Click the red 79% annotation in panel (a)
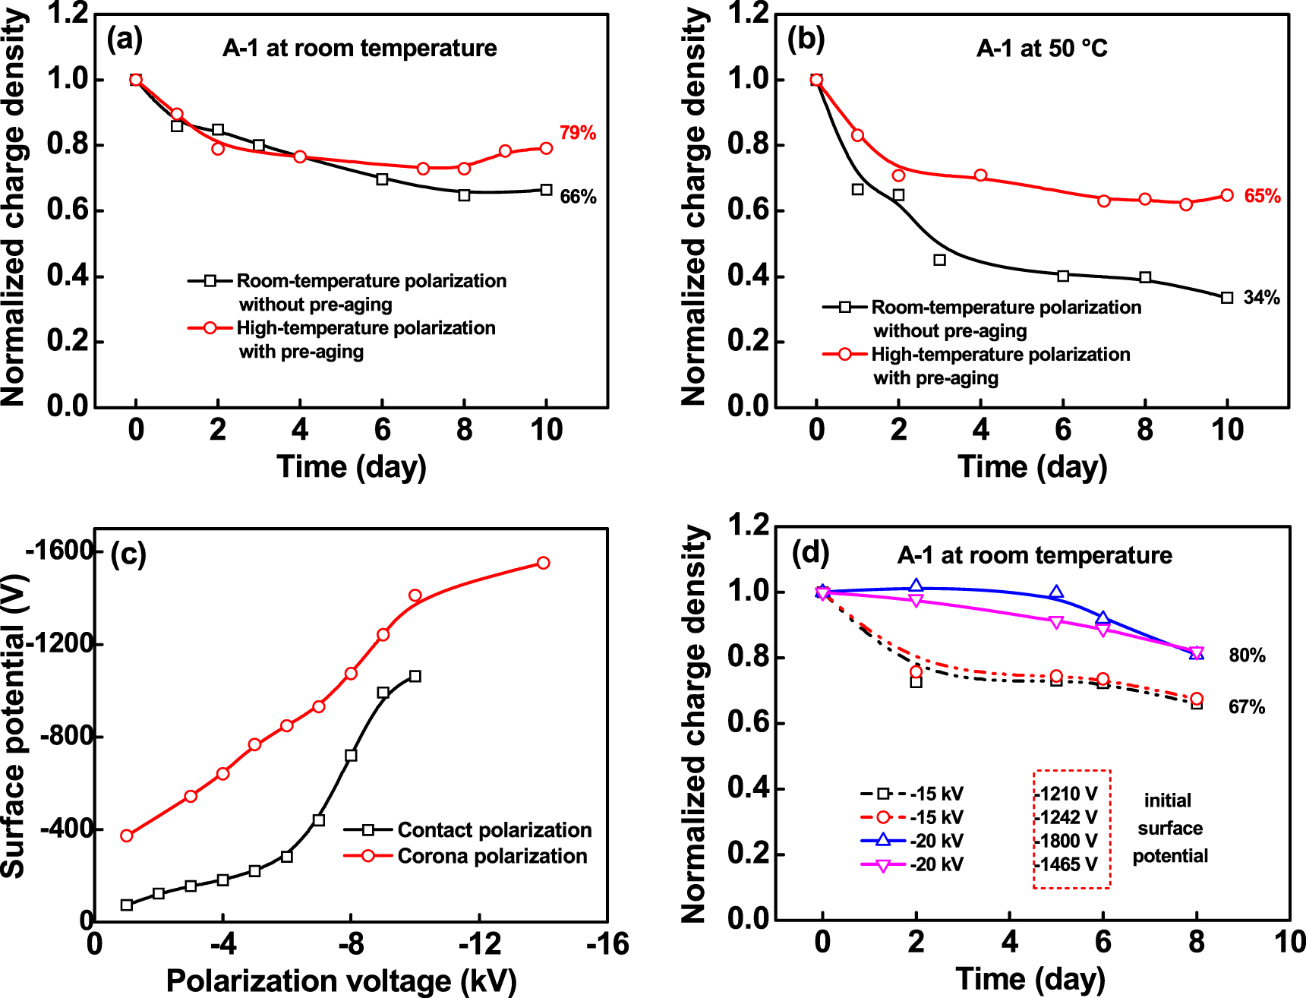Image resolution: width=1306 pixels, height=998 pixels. click(x=578, y=133)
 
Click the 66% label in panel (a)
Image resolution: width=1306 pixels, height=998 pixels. click(x=578, y=197)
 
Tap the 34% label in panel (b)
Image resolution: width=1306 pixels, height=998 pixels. click(x=1261, y=298)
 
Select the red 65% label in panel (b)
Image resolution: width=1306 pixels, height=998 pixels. click(x=1262, y=196)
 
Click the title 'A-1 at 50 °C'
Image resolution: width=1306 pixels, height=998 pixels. click(x=1042, y=49)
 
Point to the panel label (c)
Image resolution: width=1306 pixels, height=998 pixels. click(x=128, y=554)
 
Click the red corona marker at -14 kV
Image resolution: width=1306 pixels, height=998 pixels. click(x=543, y=563)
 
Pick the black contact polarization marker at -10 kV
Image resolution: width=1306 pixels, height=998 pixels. click(x=415, y=676)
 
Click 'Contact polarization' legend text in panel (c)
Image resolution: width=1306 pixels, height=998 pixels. click(x=494, y=829)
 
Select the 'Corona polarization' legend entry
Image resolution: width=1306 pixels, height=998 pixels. click(x=492, y=856)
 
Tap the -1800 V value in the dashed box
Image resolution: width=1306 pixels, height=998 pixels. click(x=1066, y=841)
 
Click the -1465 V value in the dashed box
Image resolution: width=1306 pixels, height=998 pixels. click(x=1066, y=864)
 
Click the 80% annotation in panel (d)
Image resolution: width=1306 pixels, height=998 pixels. click(x=1247, y=655)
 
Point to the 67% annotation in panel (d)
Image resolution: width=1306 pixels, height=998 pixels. click(x=1247, y=707)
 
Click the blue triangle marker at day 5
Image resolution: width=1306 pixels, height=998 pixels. click(x=1056, y=592)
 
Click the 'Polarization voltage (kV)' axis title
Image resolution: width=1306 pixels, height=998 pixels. click(x=341, y=981)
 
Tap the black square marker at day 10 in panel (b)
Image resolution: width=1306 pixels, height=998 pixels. click(x=1227, y=298)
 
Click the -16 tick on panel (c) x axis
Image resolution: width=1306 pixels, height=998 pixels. click(x=607, y=944)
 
